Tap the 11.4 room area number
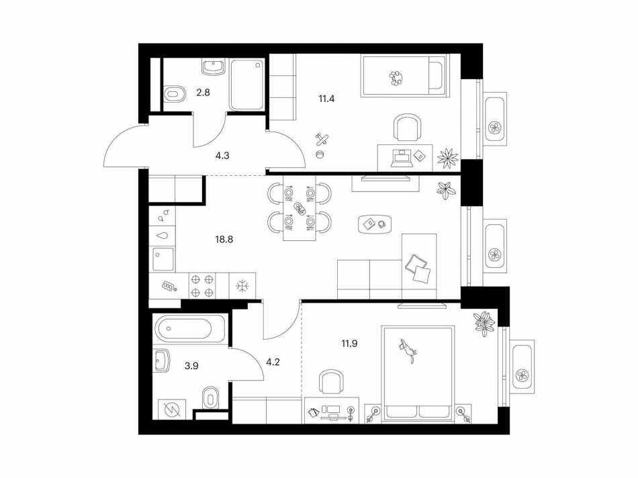(x=326, y=99)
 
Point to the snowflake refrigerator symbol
(x=242, y=285)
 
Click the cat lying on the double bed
(x=408, y=349)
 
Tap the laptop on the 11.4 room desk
(x=404, y=157)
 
